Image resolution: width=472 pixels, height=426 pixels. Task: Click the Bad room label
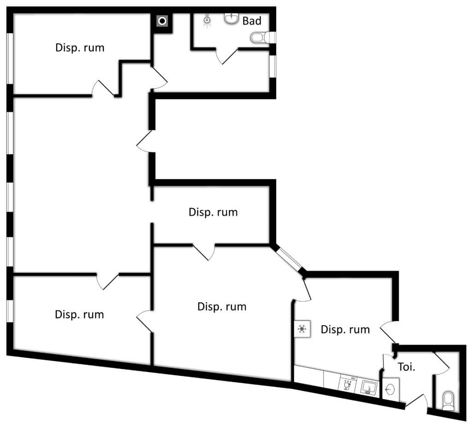pos(252,21)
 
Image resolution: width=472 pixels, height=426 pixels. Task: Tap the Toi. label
pos(407,368)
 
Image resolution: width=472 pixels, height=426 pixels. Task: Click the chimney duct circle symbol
pos(162,21)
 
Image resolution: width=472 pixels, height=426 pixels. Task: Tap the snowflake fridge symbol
pos(302,329)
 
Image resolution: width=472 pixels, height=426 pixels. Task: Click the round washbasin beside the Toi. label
pos(389,390)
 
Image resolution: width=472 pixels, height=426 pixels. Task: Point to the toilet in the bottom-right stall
pos(448,400)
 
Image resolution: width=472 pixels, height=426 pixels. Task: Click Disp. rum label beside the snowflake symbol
pos(345,329)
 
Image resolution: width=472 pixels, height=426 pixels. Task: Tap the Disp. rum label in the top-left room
pos(80,47)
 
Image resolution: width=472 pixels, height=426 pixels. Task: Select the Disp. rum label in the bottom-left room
pos(79,315)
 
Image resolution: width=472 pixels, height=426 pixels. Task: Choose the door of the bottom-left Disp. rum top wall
pos(107,280)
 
